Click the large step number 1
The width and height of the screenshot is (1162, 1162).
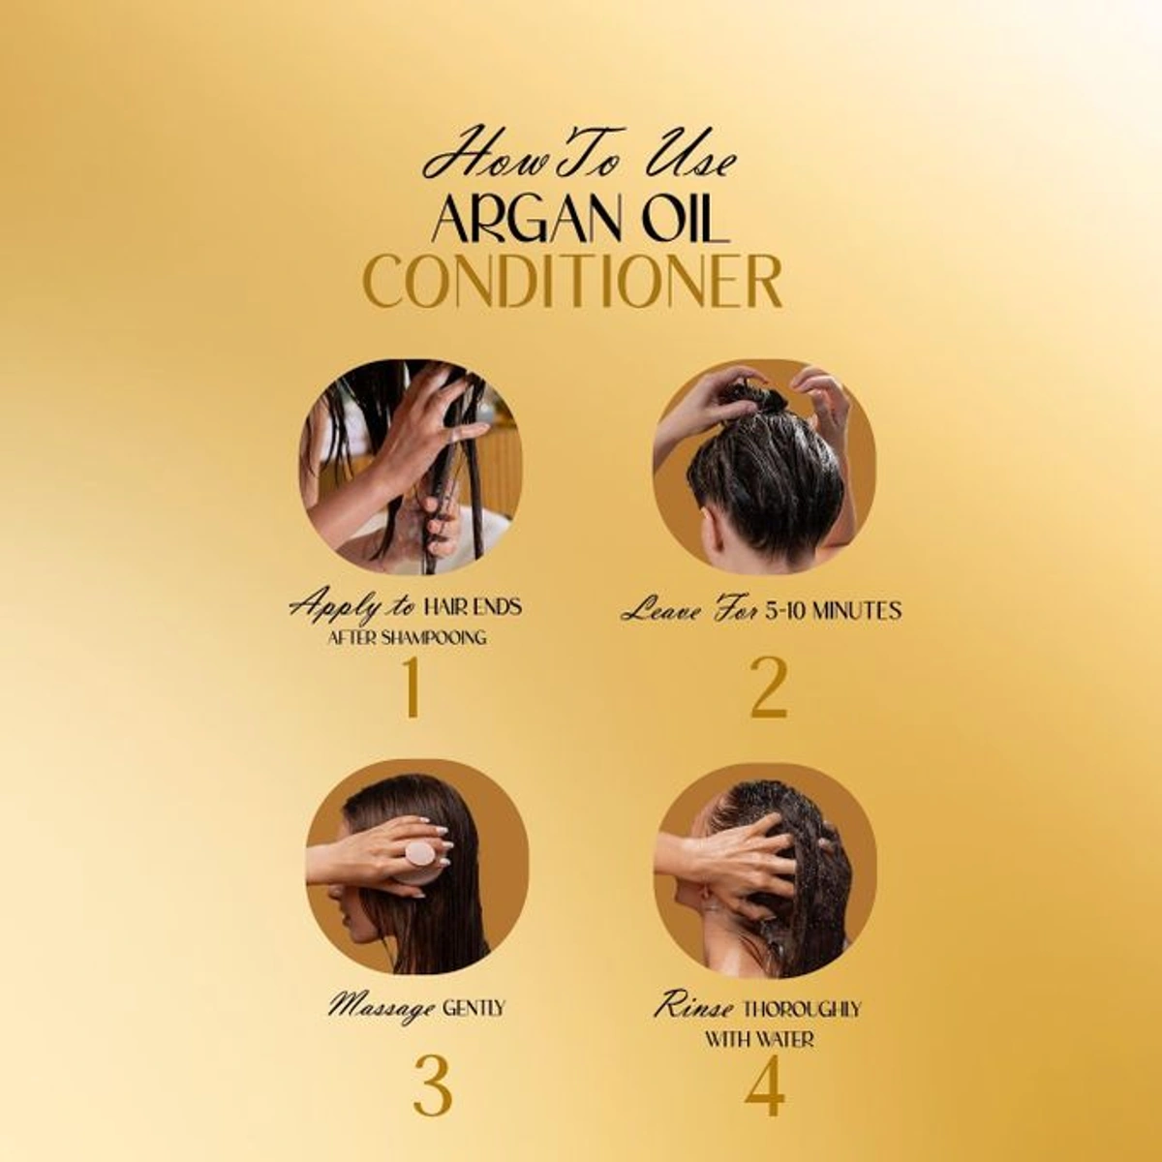(412, 688)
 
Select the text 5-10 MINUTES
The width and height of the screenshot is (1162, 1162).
(833, 610)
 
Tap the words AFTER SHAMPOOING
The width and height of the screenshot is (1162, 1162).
(407, 638)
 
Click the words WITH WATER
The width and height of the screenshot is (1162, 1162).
(759, 1039)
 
